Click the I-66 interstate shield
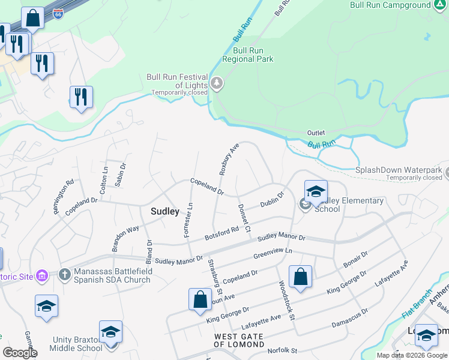58,13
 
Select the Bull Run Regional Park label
248,55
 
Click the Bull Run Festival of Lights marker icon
217,84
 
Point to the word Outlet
316,133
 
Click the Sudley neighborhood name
164,211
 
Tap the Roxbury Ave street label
229,159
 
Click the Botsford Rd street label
222,233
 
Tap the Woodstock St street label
285,299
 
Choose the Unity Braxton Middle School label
77,343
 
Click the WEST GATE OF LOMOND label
239,340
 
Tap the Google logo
19,352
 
